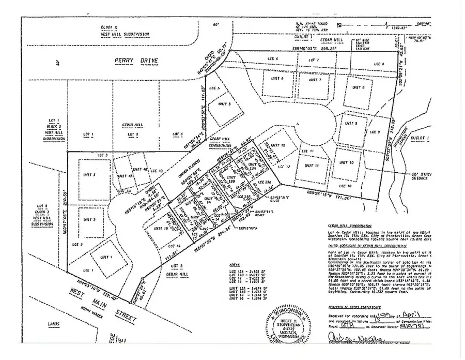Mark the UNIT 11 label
[x=309, y=166]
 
